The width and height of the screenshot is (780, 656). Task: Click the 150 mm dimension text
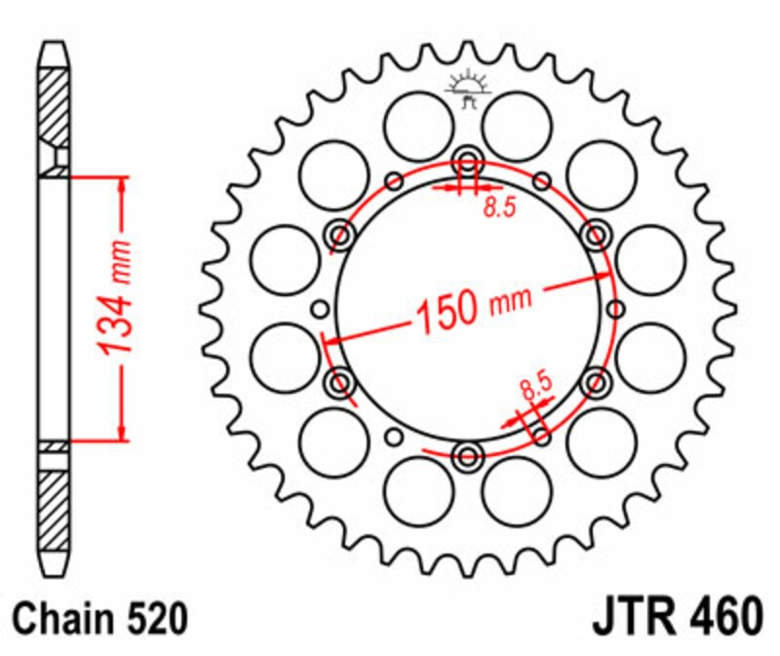(x=473, y=309)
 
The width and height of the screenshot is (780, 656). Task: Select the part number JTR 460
(x=678, y=617)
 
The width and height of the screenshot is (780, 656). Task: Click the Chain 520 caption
(x=100, y=618)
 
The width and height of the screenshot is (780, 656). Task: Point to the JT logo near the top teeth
(x=468, y=89)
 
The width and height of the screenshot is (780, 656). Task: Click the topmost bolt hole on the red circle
(x=468, y=161)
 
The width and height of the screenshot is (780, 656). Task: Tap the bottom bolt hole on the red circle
(x=468, y=456)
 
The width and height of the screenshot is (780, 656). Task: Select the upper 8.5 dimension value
(x=500, y=207)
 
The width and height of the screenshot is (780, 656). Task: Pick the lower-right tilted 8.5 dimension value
(x=537, y=385)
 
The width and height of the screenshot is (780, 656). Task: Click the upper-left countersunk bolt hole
(x=340, y=234)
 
